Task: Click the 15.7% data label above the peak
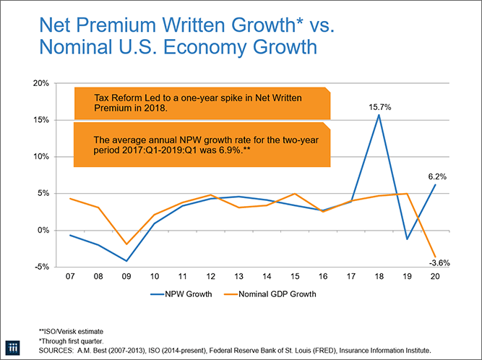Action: tap(381, 106)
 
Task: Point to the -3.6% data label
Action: tap(439, 263)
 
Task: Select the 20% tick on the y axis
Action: tap(40, 84)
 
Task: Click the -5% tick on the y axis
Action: tap(40, 267)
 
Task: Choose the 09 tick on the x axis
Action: tap(107, 278)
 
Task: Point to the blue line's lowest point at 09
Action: tap(107, 261)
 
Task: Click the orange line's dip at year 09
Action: tap(107, 244)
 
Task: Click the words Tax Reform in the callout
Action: tap(118, 97)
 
